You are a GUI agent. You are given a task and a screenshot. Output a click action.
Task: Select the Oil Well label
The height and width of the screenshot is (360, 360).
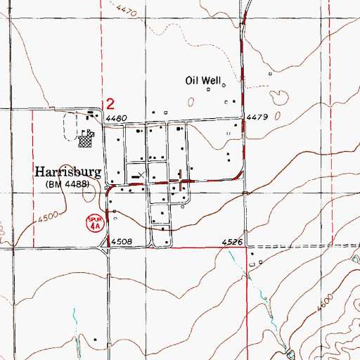(x=202, y=81)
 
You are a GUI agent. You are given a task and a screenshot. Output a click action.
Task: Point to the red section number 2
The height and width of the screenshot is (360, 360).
(x=109, y=103)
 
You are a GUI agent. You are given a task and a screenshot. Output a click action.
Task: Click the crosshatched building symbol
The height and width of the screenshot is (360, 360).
(x=86, y=141)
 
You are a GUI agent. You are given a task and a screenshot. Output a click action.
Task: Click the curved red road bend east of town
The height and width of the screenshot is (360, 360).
(x=239, y=172)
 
